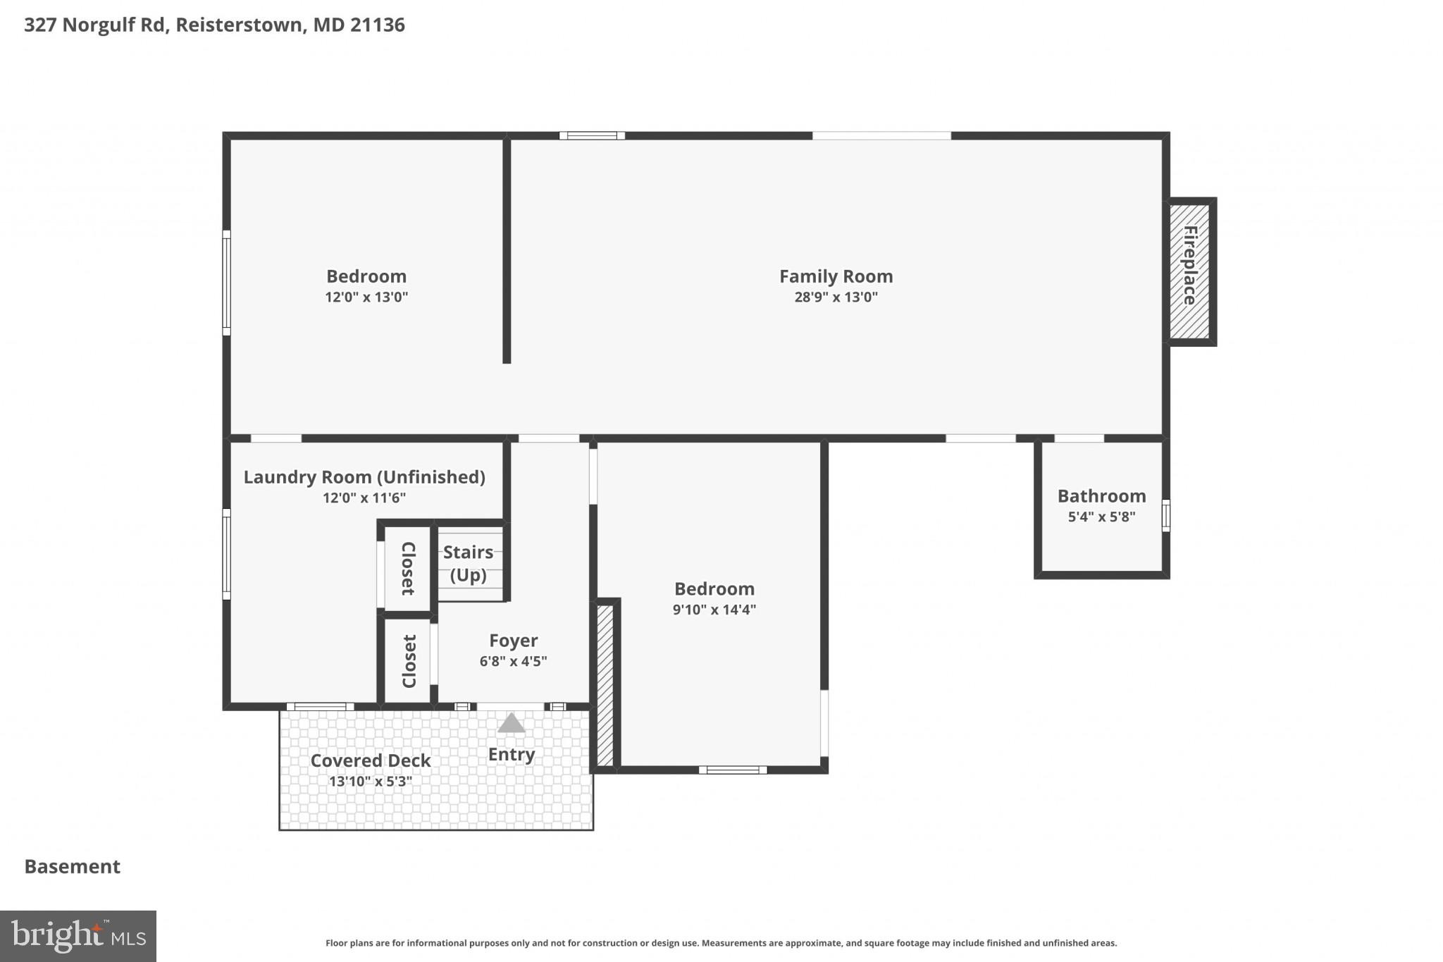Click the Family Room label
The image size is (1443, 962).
(836, 276)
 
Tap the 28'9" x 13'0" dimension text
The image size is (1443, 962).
(836, 297)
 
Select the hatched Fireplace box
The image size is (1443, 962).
(1190, 271)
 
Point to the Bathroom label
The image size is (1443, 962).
(1101, 496)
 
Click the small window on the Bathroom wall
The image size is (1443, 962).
(1165, 514)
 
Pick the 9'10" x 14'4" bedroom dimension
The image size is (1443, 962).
(714, 610)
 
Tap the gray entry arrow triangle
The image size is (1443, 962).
(512, 724)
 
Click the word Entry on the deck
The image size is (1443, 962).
(512, 755)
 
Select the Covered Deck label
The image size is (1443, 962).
(371, 761)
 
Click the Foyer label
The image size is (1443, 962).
(513, 641)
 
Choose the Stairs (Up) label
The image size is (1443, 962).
(469, 563)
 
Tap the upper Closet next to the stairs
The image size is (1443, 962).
(407, 568)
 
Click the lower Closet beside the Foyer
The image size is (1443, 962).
(409, 661)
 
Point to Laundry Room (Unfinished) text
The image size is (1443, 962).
(364, 477)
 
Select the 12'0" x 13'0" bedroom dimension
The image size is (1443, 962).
(366, 297)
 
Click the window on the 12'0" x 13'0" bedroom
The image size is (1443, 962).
(226, 282)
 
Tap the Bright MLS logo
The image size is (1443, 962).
(78, 936)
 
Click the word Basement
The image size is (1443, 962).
(73, 866)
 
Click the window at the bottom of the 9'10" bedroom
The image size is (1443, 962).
(733, 770)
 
